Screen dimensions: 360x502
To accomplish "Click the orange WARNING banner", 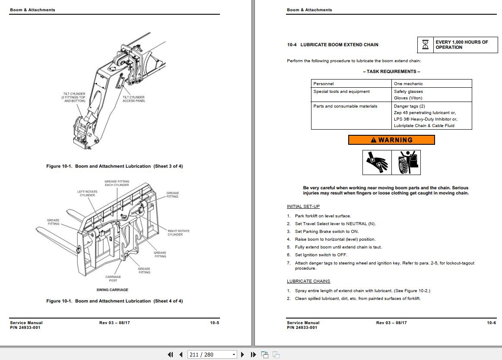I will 391,140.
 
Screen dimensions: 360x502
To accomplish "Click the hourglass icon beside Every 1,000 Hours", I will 426,45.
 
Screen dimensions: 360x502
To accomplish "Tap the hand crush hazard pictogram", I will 377,162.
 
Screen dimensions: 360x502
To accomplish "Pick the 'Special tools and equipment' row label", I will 341,92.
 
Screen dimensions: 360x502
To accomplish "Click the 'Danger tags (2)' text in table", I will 409,106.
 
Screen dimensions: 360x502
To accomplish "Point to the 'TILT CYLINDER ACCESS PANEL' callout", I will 133,99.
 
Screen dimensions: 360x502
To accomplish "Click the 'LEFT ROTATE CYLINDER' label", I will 87,194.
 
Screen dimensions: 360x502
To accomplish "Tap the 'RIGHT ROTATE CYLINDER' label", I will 178,233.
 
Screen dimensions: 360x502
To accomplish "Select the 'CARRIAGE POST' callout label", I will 113,278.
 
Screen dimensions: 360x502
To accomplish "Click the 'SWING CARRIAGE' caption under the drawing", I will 112,290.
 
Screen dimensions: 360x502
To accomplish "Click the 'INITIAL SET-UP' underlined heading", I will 303,207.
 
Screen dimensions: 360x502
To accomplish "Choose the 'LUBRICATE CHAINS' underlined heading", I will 308,281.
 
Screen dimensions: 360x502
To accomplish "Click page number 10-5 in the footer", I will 214,323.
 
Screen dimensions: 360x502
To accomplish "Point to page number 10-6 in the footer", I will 491,323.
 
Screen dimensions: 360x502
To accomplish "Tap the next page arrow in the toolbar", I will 242,354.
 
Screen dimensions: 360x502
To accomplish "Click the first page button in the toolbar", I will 170,354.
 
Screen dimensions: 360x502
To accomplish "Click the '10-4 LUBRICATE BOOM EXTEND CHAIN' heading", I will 333,45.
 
